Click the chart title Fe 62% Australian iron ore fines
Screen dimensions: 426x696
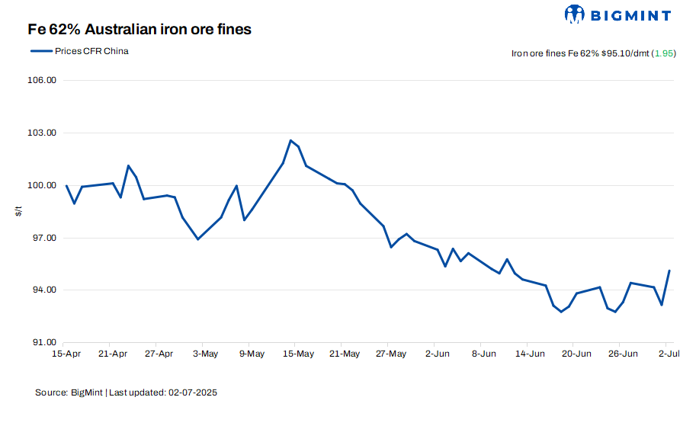(x=140, y=30)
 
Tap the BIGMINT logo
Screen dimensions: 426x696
(x=617, y=14)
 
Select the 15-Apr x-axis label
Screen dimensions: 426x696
(x=66, y=354)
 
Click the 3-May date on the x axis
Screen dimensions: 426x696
(x=205, y=354)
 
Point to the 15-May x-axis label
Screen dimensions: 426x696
(x=298, y=354)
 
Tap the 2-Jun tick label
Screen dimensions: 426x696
(x=438, y=354)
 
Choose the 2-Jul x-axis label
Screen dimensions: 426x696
(x=669, y=354)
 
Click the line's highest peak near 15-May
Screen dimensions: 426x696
(x=290, y=140)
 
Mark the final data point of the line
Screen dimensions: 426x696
(x=669, y=271)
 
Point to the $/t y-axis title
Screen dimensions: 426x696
(x=19, y=211)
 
